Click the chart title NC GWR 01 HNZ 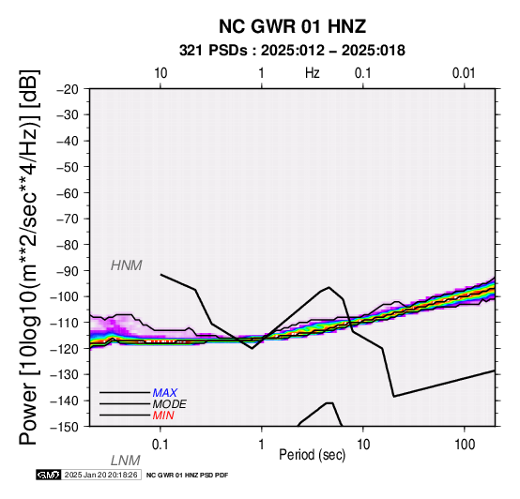click(292, 26)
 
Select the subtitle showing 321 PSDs click(292, 51)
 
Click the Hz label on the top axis click(313, 73)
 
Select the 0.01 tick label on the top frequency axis click(464, 73)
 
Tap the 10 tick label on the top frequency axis click(161, 73)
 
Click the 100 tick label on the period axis click(465, 445)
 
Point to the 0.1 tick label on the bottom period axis click(161, 445)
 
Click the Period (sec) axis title click(312, 455)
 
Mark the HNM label click(127, 265)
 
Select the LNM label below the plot click(126, 461)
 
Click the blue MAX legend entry click(165, 393)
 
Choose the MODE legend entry click(170, 404)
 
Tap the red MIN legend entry click(163, 416)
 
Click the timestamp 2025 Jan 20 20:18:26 click(100, 475)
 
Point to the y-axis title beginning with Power click(29, 257)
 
